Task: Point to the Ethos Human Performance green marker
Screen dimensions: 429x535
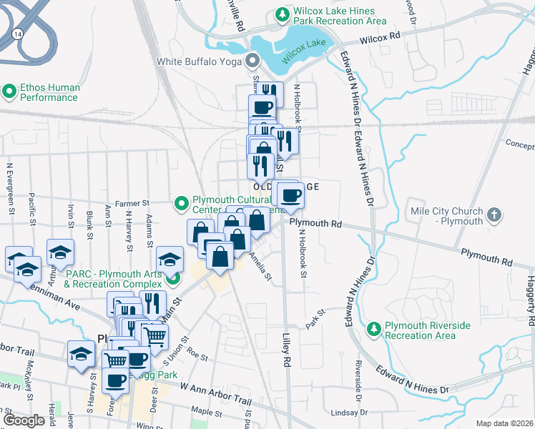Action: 9,91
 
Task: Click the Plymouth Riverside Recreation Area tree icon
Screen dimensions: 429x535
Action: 373,329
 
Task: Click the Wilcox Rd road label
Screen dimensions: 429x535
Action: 379,38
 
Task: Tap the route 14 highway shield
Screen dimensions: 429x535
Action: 16,33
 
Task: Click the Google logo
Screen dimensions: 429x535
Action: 24,420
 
